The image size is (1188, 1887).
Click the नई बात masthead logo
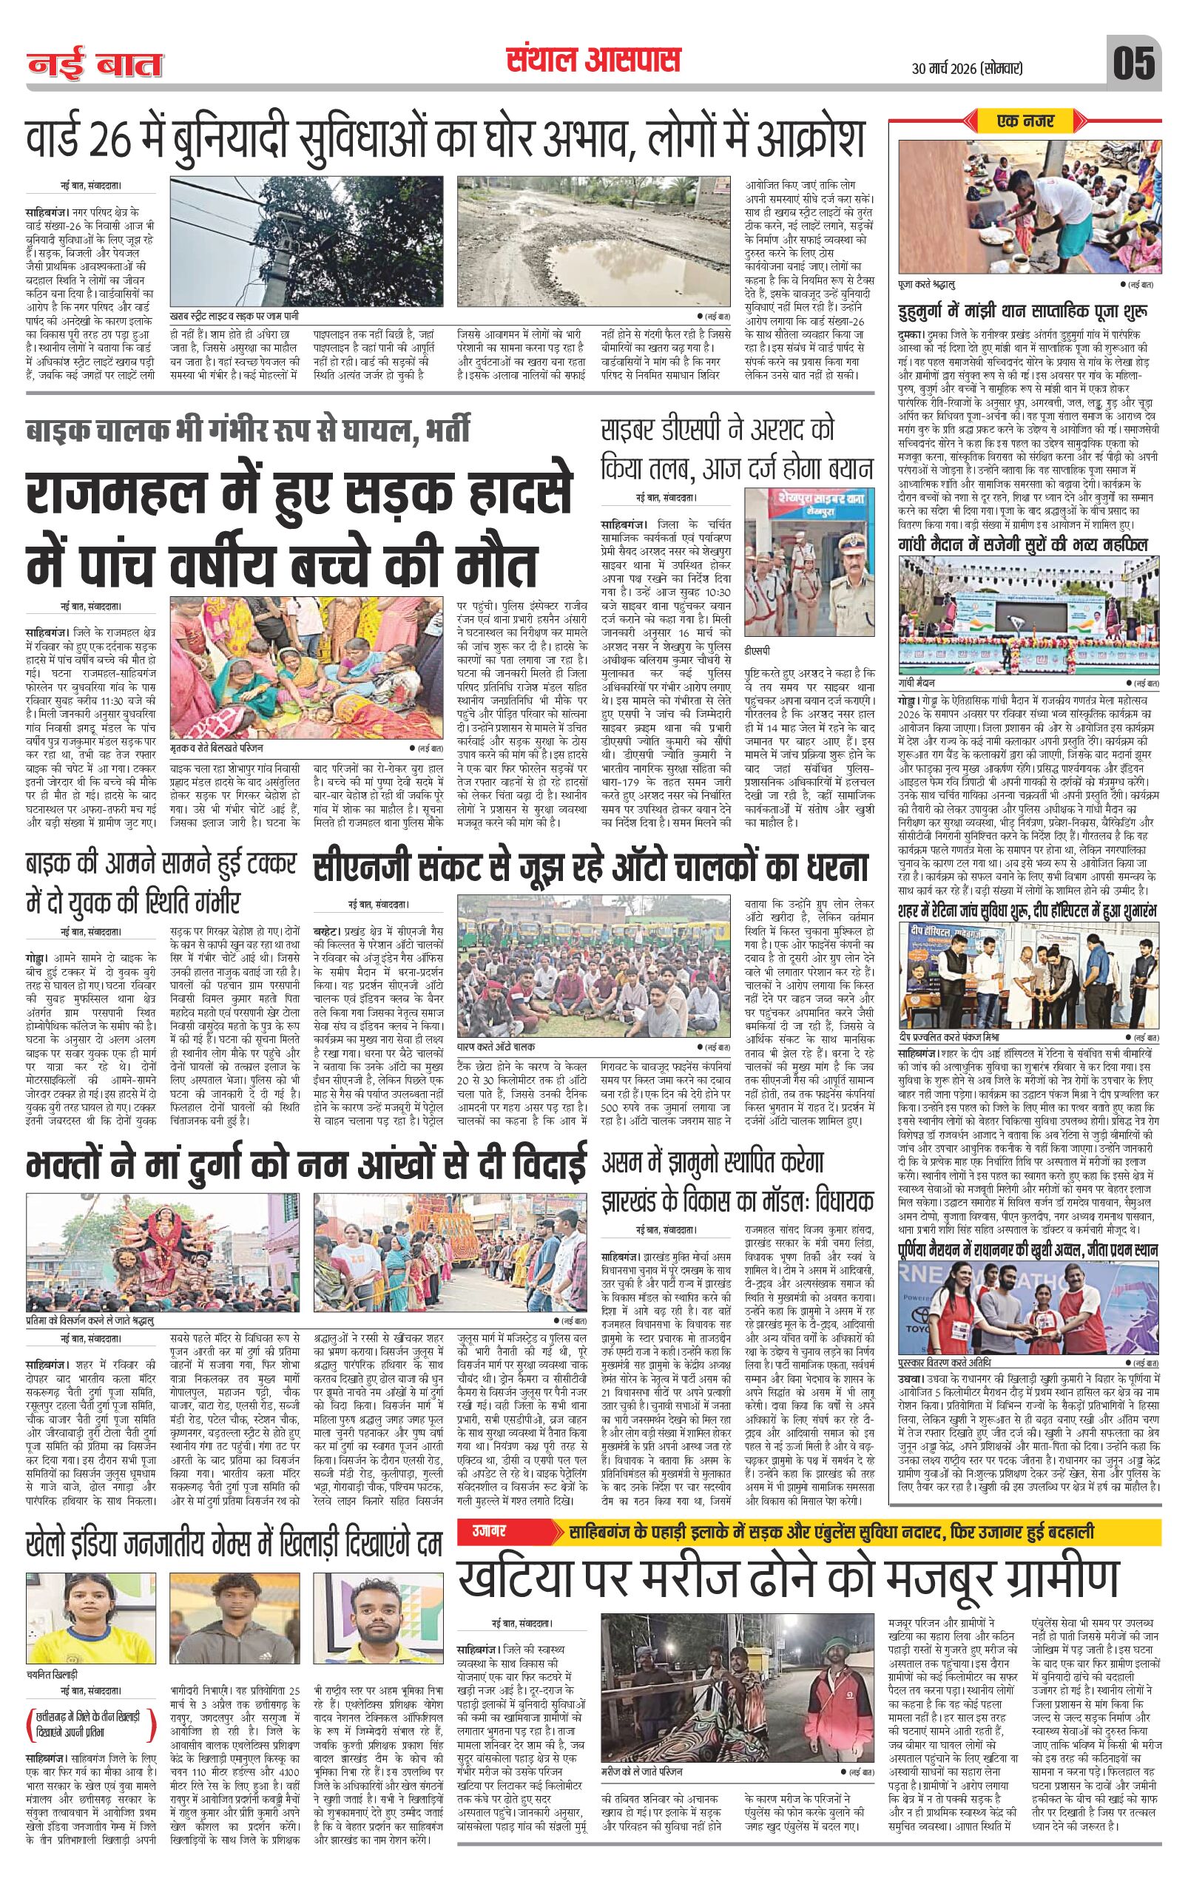coord(95,65)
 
